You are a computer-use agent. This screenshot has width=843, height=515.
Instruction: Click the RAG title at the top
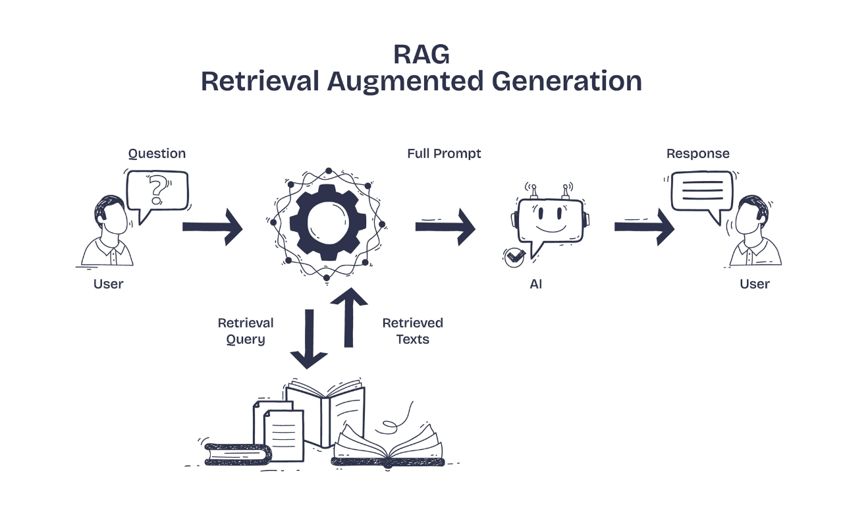[421, 53]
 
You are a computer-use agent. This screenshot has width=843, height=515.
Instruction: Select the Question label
[157, 153]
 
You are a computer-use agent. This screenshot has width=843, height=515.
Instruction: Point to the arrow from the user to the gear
[212, 227]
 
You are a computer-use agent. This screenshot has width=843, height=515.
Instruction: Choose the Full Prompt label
[444, 153]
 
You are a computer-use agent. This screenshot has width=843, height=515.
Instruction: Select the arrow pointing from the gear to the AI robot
[445, 227]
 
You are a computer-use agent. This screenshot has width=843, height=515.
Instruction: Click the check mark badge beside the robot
[514, 257]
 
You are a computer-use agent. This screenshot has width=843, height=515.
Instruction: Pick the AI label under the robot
[536, 285]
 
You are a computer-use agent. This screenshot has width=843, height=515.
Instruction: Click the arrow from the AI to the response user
[644, 227]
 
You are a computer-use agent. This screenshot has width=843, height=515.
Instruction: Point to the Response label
[698, 153]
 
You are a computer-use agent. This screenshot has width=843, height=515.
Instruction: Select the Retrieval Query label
[246, 331]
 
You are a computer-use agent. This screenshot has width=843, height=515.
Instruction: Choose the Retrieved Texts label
[413, 331]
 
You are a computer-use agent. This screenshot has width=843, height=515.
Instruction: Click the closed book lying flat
[238, 454]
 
